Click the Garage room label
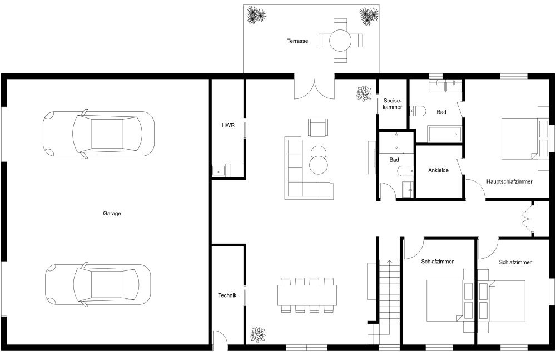[x=112, y=213]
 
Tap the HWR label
[x=228, y=126]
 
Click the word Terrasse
[x=297, y=41]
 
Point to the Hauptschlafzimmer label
[x=509, y=181]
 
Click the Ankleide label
[x=438, y=170]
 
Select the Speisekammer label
[x=393, y=103]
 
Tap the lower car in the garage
[x=97, y=284]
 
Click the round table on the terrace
[x=340, y=40]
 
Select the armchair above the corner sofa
[x=318, y=128]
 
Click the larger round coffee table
[x=319, y=165]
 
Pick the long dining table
[x=307, y=295]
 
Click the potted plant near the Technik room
[x=257, y=334]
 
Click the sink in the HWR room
[x=219, y=170]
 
